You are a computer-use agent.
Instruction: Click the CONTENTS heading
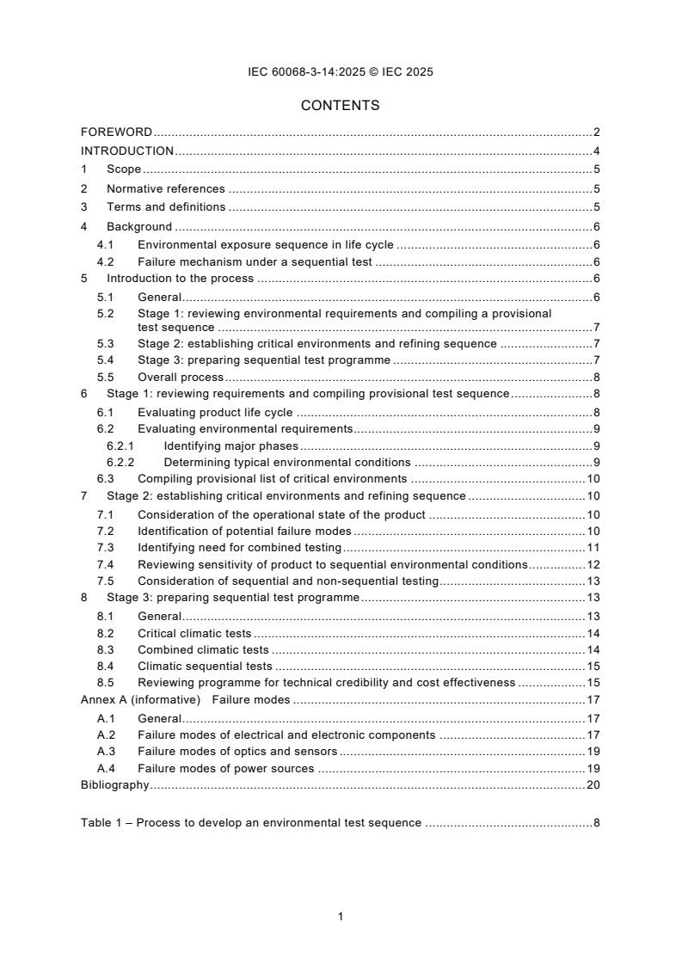pos(341,106)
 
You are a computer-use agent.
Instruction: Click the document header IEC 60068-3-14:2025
pos(341,72)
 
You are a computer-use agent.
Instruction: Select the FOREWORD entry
pos(116,132)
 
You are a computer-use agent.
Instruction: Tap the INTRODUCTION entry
pos(127,151)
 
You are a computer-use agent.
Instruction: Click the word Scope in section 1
pos(124,170)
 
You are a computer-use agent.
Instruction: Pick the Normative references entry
pos(165,189)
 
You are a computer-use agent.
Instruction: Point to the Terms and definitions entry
pos(166,207)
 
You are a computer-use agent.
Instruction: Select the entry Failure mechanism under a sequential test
pos(255,262)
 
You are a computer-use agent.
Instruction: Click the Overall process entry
pos(181,378)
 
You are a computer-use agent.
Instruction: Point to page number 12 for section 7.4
pos(593,565)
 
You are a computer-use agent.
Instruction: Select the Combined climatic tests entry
pos(203,650)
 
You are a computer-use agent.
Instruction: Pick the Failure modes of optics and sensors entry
pos(237,752)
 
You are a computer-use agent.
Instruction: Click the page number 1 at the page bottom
pos(341,917)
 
